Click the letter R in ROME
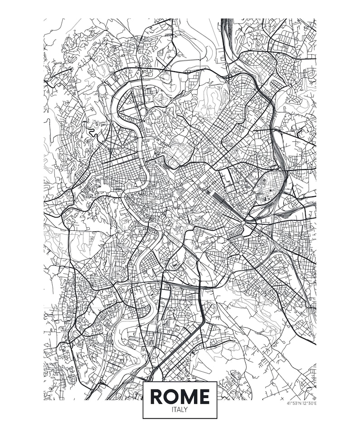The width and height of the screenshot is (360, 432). tap(157, 397)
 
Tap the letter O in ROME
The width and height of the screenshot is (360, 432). tap(172, 397)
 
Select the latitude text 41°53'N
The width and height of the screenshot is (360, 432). tap(294, 403)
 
